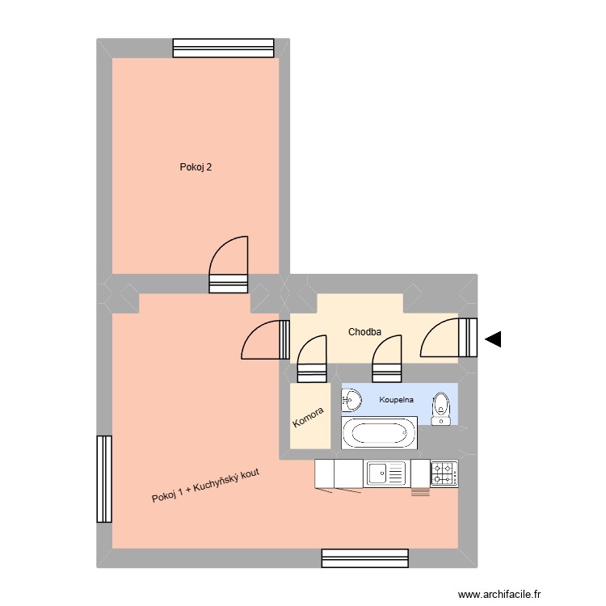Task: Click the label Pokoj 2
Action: coord(196,168)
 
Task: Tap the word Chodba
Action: coord(364,331)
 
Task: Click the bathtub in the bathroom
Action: coord(380,433)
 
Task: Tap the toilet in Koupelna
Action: coord(440,408)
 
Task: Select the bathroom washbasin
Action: coord(351,399)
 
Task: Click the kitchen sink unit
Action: coord(387,473)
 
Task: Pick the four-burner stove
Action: coord(444,473)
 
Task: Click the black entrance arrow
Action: coord(492,340)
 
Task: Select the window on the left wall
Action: coord(103,479)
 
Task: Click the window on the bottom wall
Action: coord(364,558)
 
